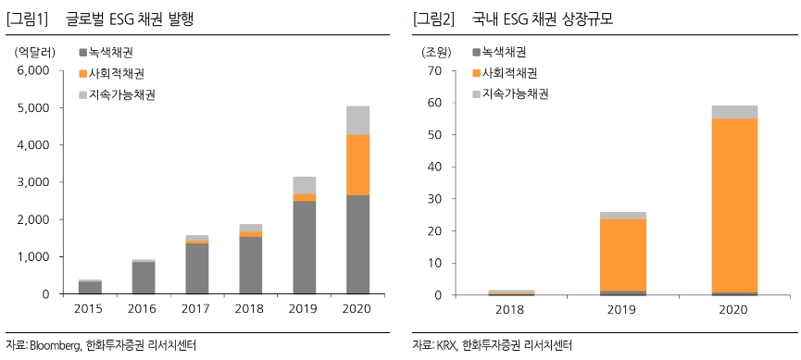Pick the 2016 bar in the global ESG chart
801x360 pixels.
[x=143, y=278]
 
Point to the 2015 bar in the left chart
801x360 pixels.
[x=90, y=287]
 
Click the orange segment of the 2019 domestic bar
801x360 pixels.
[x=622, y=254]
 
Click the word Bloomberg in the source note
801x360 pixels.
[x=59, y=345]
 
